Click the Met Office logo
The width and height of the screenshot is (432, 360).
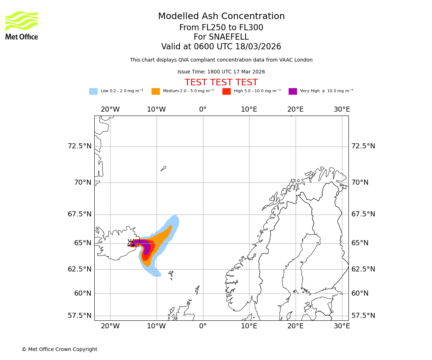22,25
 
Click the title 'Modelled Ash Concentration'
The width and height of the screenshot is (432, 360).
221,17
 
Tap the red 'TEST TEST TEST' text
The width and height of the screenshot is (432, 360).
221,82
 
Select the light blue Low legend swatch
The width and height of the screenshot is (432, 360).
93,91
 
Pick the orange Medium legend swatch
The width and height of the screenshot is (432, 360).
156,91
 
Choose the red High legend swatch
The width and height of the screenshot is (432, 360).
226,91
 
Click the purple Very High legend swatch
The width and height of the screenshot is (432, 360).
293,91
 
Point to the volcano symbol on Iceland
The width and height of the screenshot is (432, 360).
131,243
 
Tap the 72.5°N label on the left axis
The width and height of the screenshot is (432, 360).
80,146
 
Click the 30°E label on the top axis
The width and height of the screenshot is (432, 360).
342,109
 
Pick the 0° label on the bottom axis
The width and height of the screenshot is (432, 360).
203,326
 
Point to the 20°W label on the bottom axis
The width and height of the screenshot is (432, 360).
110,326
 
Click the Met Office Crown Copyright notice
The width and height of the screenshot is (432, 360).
59,350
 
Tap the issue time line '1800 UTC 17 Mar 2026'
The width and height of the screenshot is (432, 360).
221,72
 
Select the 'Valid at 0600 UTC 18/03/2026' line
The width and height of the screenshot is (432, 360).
221,47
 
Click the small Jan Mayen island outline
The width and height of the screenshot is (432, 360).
163,168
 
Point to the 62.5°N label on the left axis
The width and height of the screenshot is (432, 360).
80,269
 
